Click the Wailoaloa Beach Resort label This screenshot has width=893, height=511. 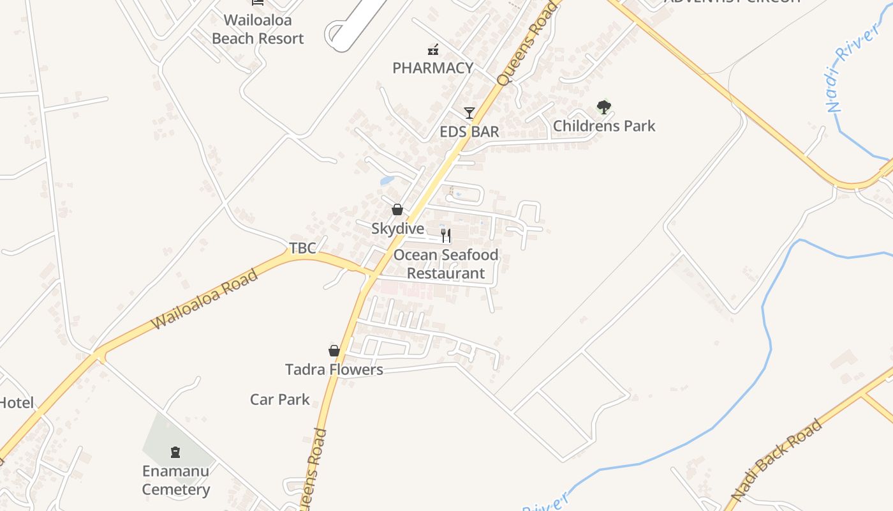(258, 29)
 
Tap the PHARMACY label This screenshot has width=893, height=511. (432, 68)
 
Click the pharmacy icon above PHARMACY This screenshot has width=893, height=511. (433, 49)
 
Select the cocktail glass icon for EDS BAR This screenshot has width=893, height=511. (469, 113)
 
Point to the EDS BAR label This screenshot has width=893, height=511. (469, 132)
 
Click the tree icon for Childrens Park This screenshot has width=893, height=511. (603, 107)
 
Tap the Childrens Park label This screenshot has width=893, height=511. (603, 126)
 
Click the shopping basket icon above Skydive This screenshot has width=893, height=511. (397, 210)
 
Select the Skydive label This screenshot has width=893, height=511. (397, 229)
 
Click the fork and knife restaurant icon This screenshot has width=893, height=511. (446, 236)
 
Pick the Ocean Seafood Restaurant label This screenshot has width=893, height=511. (446, 264)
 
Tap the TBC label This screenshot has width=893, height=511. (302, 248)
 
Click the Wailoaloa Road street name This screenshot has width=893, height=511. (205, 299)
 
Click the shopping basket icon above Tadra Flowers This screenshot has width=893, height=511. (334, 350)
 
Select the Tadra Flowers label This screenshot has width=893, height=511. (334, 369)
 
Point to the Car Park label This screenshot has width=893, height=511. (279, 400)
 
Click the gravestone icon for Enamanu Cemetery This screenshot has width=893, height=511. (175, 452)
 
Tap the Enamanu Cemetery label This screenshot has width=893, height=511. (175, 480)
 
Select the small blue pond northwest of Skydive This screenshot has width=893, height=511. (387, 181)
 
